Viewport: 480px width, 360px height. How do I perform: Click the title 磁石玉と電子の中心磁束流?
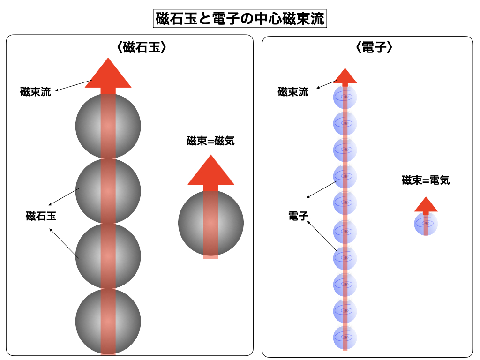tap(240, 19)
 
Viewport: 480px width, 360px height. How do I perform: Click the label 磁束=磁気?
tap(210, 141)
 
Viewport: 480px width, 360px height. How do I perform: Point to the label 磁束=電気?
tap(426, 180)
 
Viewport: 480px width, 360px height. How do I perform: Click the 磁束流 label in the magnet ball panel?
tap(36, 92)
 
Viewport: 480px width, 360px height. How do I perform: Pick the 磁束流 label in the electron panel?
tap(293, 92)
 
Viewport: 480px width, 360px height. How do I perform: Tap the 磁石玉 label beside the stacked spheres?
tap(41, 217)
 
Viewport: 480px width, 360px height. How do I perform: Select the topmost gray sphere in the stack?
tap(108, 126)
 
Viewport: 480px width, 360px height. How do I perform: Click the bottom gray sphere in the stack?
tap(108, 321)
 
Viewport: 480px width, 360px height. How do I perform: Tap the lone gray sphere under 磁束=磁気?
tap(211, 223)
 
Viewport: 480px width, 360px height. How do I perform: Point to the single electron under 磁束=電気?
tap(426, 224)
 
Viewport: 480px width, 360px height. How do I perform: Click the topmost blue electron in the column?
tap(345, 97)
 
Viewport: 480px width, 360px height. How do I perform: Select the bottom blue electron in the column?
tap(345, 337)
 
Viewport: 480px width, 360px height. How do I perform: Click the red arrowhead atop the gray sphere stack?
tap(108, 74)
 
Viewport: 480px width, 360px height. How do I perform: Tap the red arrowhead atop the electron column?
tap(345, 76)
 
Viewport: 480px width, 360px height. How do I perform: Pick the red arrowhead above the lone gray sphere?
tap(211, 171)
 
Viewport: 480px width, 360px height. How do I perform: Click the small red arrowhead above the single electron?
tap(426, 204)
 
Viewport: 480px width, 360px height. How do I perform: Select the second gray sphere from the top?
tap(108, 191)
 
